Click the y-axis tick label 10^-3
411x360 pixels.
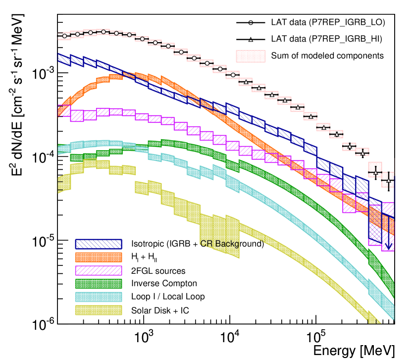[42, 74]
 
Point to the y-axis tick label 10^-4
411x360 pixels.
[42, 157]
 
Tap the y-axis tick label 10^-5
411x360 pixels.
[42, 241]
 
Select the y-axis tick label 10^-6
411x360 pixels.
[42, 324]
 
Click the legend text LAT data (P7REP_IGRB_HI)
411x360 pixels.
[327, 39]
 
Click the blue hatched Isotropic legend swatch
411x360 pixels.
[98, 244]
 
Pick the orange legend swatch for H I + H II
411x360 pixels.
[98, 257]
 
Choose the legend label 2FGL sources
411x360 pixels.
[158, 271]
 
